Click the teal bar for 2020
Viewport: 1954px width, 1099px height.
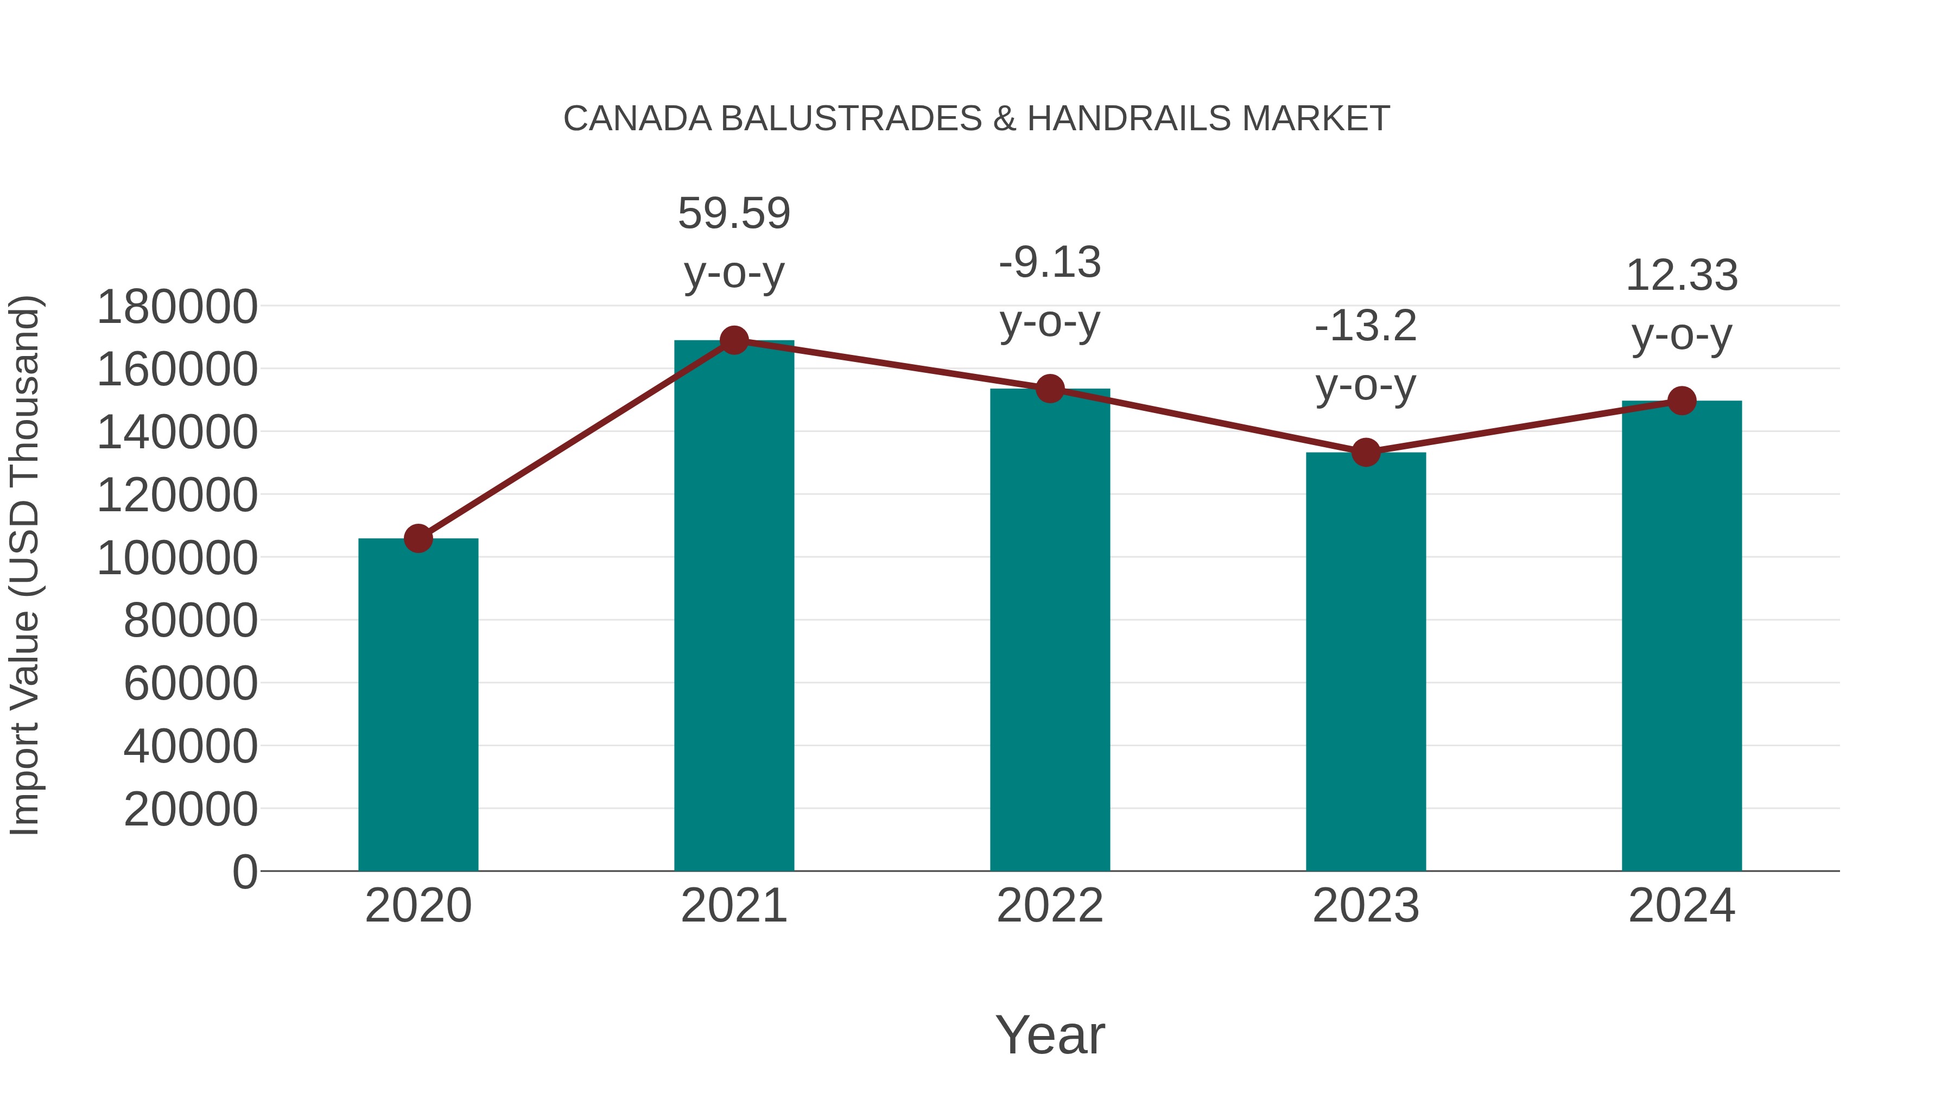(x=418, y=706)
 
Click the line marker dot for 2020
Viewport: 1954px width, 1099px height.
(x=418, y=538)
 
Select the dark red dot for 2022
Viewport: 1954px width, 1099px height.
(x=1050, y=389)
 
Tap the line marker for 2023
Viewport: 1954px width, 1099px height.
(x=1366, y=453)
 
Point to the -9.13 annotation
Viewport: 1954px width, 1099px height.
(x=1050, y=263)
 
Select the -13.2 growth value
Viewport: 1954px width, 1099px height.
(x=1366, y=326)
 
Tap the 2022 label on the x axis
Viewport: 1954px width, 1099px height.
(x=1050, y=906)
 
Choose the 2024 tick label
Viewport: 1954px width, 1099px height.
(x=1682, y=906)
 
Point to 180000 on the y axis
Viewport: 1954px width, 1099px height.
(x=177, y=307)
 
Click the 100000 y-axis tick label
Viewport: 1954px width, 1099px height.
(x=177, y=558)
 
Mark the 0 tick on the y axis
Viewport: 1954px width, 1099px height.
(x=245, y=872)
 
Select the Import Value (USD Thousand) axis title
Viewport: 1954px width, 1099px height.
(x=24, y=566)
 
